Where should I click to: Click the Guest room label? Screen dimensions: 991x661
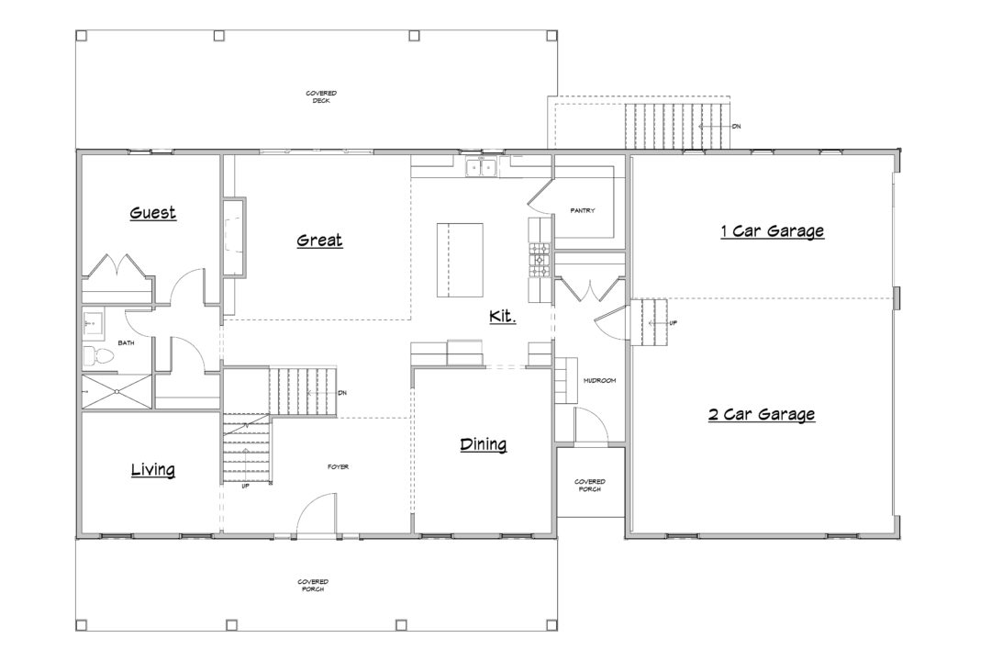pos(153,213)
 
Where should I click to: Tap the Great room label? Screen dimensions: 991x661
pos(320,240)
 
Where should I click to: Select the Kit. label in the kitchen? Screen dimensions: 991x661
pos(503,316)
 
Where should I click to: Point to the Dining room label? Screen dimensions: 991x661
pos(484,444)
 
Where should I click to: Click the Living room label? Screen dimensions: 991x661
pos(153,469)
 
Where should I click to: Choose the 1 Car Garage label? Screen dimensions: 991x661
pos(773,230)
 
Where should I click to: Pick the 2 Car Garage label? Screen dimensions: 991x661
pos(762,414)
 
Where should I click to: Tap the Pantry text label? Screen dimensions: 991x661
pos(582,210)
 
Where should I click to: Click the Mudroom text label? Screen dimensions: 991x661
pos(599,381)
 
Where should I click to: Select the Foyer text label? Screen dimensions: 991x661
pos(338,466)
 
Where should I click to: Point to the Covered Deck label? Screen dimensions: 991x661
pos(321,96)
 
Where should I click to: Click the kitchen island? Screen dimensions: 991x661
pos(460,260)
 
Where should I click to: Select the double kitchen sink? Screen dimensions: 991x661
pos(482,168)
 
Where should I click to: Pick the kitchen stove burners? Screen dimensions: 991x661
pos(540,259)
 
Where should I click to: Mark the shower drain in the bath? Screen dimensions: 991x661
pos(117,391)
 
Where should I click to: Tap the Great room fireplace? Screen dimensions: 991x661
pos(235,237)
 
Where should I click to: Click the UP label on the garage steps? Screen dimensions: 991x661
pos(674,323)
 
